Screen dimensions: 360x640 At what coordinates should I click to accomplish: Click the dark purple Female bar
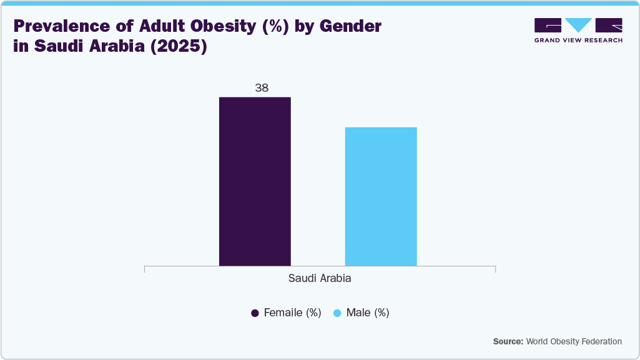point(255,181)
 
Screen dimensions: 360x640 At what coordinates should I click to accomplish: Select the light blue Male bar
point(381,197)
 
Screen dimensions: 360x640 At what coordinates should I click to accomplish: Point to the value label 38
point(262,88)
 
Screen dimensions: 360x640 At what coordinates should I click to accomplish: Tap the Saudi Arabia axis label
point(320,278)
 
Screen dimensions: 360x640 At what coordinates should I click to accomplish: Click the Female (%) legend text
point(292,313)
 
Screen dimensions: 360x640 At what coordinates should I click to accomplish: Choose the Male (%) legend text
point(368,313)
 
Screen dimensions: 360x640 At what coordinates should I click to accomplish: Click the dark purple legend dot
point(255,313)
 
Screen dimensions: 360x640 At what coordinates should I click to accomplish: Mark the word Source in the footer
point(508,341)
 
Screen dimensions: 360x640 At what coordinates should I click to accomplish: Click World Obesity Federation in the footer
point(574,341)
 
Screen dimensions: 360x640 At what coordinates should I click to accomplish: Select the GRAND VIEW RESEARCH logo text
point(578,40)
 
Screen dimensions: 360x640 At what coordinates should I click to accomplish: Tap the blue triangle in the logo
point(578,25)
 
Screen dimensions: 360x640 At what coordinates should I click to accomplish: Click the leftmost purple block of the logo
point(548,25)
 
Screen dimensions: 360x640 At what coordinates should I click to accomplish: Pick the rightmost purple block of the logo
point(609,25)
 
